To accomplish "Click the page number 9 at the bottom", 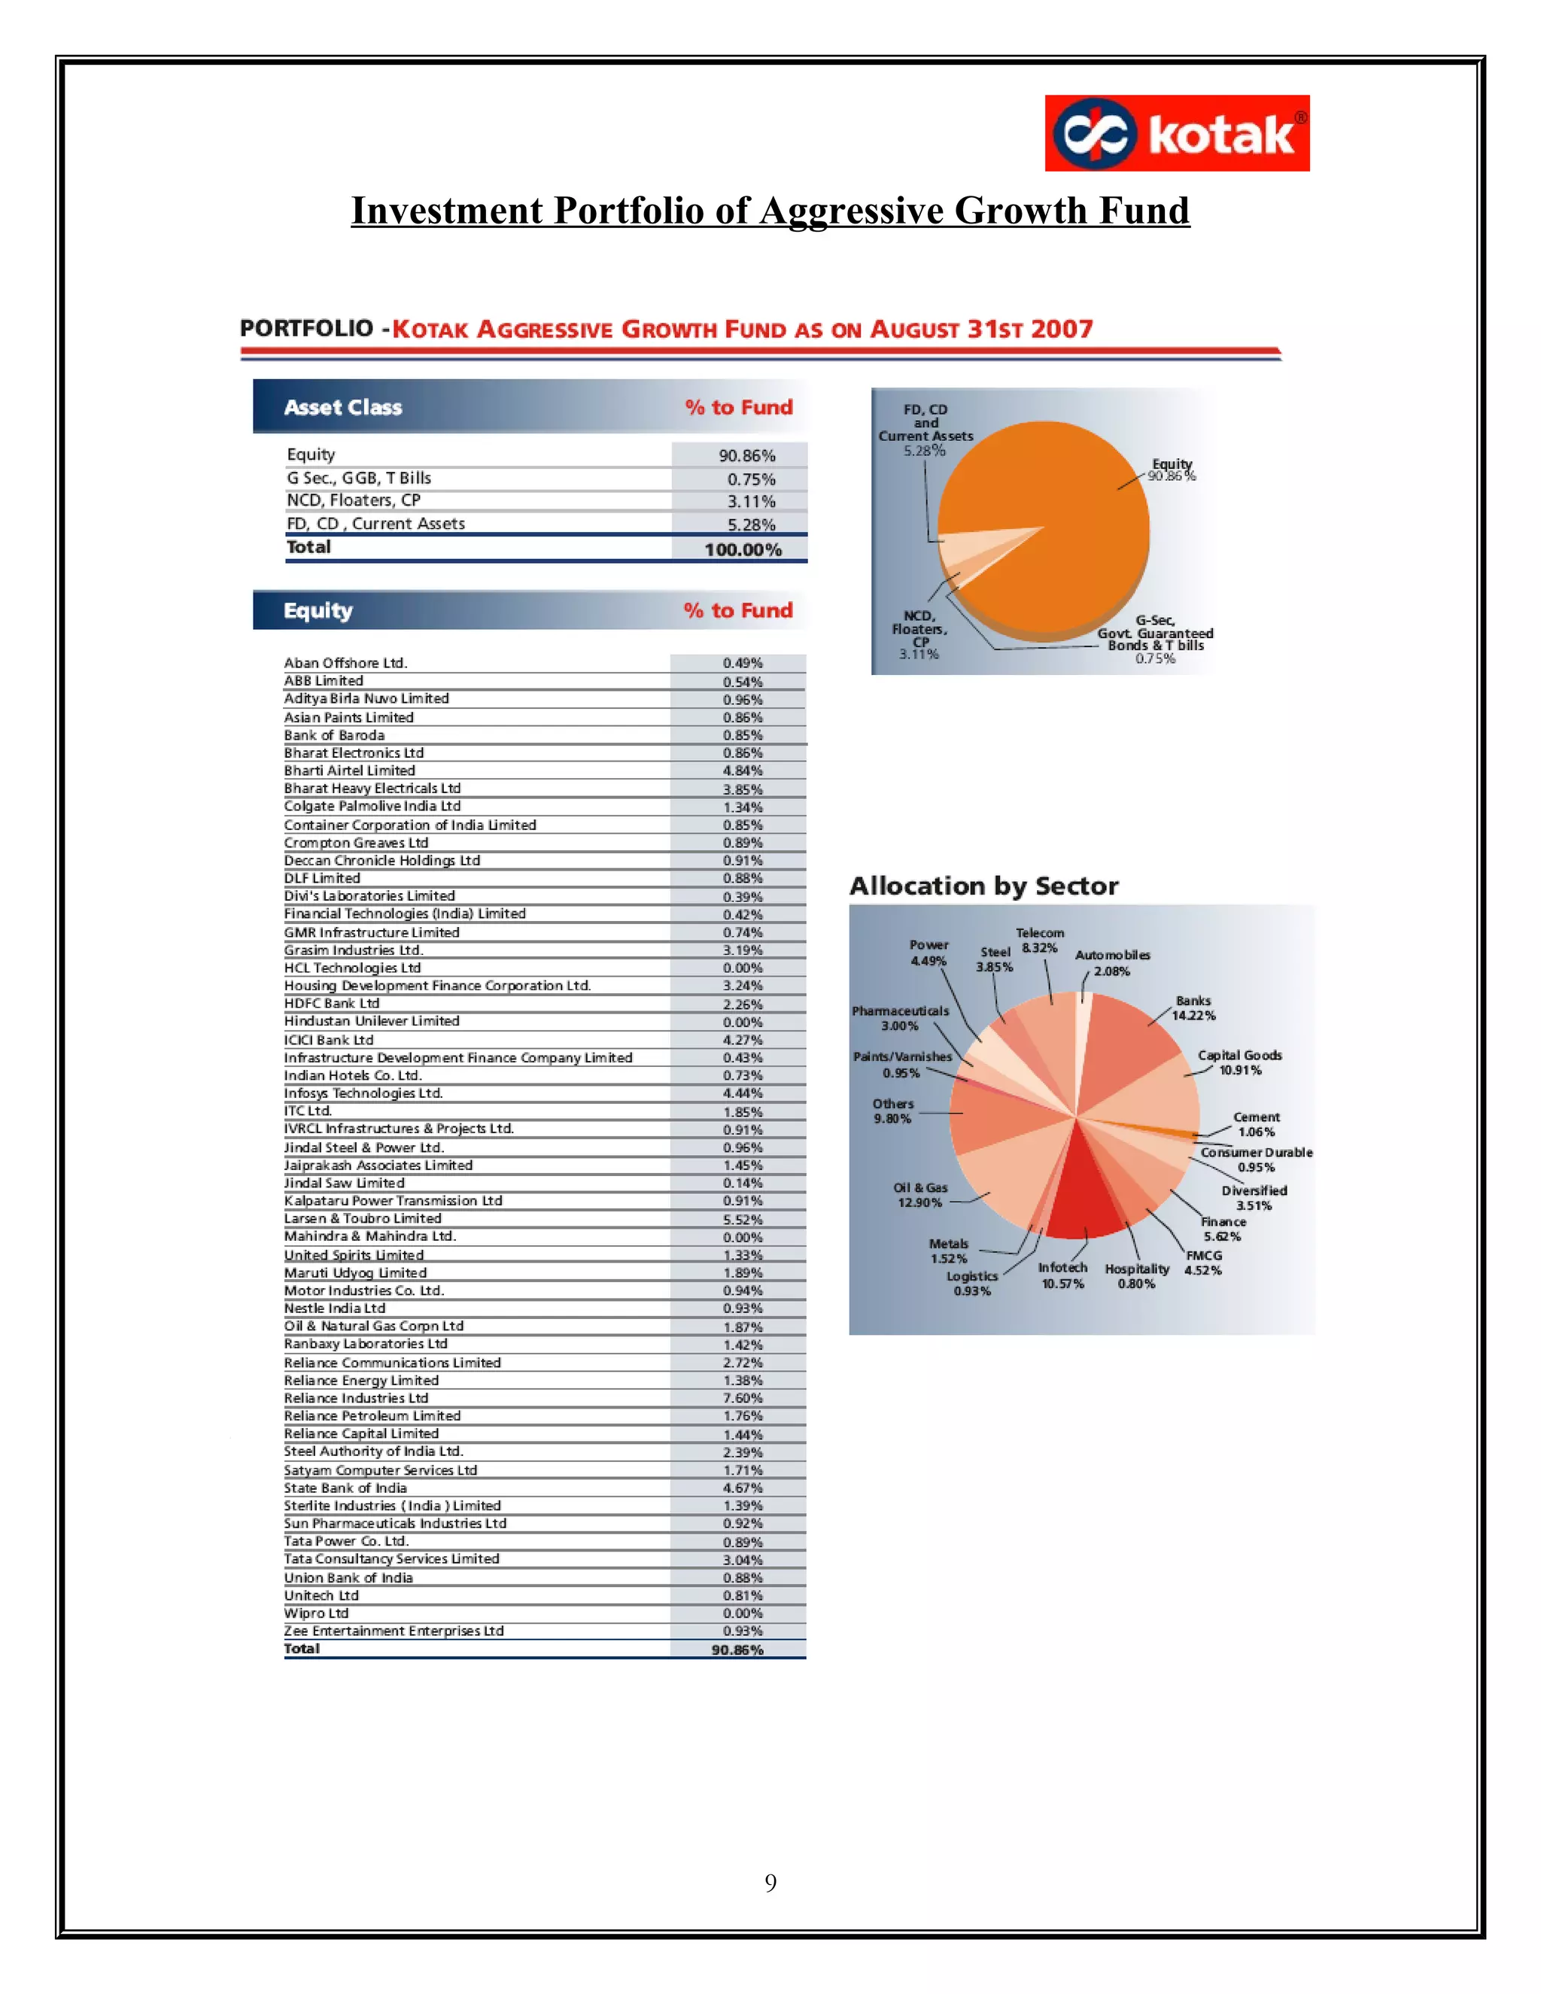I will (770, 1883).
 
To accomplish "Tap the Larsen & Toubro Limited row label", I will (363, 1218).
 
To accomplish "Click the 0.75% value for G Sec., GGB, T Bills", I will (750, 479).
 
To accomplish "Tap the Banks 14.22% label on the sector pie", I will (1193, 1008).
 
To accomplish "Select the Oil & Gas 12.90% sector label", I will (920, 1195).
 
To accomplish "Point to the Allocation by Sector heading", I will (983, 886).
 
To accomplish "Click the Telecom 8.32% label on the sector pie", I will (1040, 941).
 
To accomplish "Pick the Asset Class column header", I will (342, 407).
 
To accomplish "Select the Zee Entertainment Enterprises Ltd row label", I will (394, 1631).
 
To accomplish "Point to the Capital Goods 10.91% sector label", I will (1240, 1062).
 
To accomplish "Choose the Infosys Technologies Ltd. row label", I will (363, 1093).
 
